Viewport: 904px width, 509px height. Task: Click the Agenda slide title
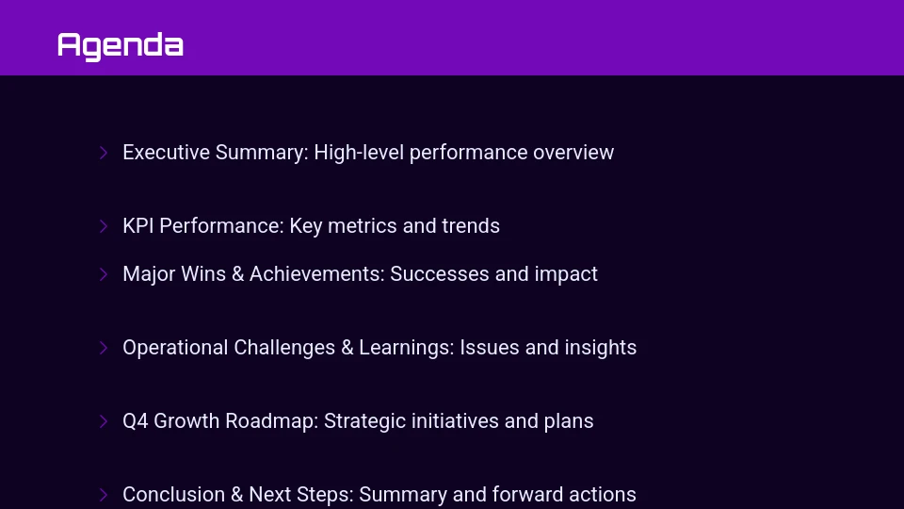point(120,45)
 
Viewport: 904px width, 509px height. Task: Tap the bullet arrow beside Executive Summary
point(104,153)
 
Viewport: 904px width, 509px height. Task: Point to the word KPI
point(138,226)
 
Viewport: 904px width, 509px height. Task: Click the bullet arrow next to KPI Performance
point(104,226)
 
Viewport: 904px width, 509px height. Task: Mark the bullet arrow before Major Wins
point(104,274)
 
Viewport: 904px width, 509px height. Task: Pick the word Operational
point(176,348)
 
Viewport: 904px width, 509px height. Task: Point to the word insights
point(601,348)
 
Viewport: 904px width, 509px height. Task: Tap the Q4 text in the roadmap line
point(136,421)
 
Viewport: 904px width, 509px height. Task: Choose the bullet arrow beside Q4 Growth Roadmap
point(104,421)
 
